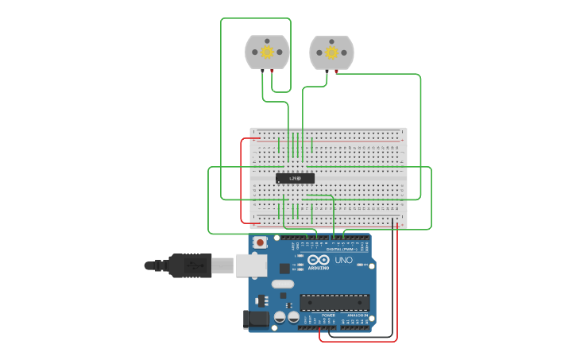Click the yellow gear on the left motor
coord(267,52)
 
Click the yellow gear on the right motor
coord(331,52)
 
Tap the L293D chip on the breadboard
coord(295,178)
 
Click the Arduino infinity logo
coord(319,260)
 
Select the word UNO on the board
coord(344,261)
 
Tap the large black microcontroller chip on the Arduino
coord(334,302)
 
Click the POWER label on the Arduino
coord(328,315)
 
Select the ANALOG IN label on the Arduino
coord(357,315)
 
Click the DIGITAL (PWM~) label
coord(342,249)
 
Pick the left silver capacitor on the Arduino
coord(280,318)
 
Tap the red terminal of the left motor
coord(273,72)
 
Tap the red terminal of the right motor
coord(337,72)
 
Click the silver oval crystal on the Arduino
coord(282,284)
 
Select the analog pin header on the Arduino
coord(355,327)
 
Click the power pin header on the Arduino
coord(316,327)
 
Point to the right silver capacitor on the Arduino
coord(293,318)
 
